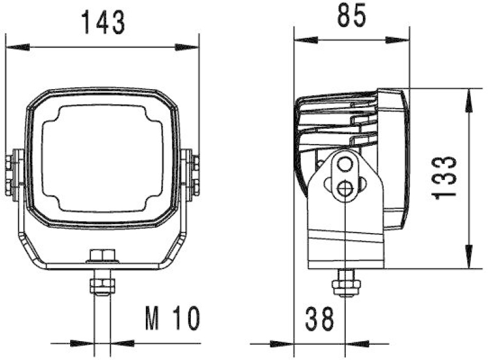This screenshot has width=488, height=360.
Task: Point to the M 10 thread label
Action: click(173, 318)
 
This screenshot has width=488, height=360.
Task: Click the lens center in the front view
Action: click(102, 157)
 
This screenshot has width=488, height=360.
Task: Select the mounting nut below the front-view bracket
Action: click(101, 286)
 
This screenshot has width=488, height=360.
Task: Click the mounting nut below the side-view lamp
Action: click(346, 286)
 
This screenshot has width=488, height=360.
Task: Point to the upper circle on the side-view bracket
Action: click(346, 164)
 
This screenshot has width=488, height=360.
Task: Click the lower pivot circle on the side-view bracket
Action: click(346, 189)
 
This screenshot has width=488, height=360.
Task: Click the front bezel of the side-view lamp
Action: click(393, 159)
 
